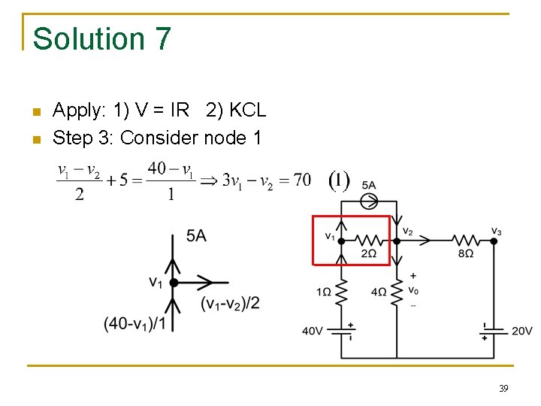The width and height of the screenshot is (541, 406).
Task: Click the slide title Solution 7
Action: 102,39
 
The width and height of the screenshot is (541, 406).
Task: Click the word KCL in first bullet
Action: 247,111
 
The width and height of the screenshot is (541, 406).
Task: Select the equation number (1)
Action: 340,180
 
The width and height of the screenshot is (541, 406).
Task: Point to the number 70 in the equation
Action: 301,180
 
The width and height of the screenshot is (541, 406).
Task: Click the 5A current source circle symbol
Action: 369,201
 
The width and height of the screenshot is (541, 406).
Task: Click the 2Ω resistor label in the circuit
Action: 368,254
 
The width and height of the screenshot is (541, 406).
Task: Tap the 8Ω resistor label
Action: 466,254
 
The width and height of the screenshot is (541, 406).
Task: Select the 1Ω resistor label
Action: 325,291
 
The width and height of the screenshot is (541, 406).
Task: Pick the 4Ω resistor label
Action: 379,291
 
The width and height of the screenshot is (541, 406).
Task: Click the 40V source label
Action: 313,331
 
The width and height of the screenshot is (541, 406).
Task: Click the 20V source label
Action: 521,331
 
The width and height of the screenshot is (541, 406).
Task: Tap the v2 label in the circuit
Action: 407,231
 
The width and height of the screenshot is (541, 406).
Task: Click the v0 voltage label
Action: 413,291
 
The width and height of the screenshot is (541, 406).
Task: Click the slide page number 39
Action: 503,389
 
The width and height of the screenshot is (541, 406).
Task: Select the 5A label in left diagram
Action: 196,237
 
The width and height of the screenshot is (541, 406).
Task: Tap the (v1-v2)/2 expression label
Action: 230,303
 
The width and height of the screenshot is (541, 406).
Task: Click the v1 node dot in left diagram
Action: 174,283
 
